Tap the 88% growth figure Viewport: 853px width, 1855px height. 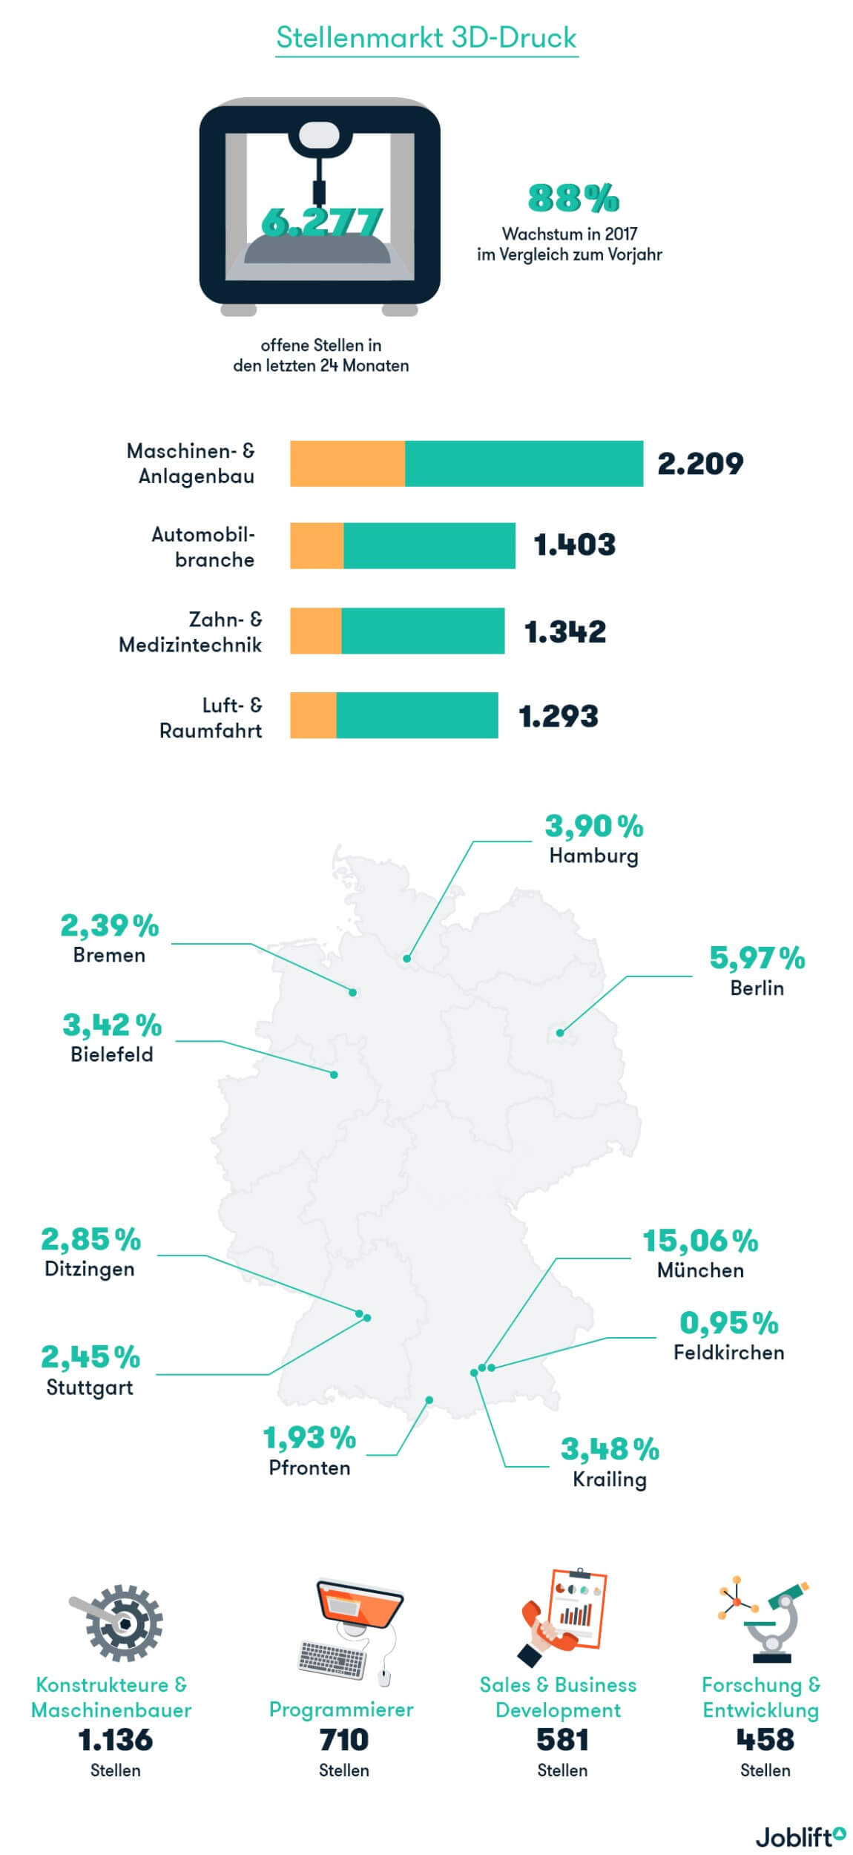click(573, 198)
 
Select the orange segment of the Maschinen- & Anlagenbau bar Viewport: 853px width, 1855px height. click(347, 464)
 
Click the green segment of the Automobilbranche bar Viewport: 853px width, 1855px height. click(429, 545)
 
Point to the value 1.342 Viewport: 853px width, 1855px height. click(565, 631)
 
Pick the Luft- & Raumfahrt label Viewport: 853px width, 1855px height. click(211, 718)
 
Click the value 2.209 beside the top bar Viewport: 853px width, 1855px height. click(700, 464)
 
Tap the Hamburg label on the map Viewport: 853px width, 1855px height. click(593, 856)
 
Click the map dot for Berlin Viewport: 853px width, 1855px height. click(561, 1032)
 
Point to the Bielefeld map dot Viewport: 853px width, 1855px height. click(334, 1074)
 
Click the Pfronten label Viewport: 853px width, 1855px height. click(309, 1468)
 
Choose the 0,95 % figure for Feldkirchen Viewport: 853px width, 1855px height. click(728, 1323)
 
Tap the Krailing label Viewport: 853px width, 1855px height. click(610, 1480)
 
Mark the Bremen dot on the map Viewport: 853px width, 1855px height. click(353, 992)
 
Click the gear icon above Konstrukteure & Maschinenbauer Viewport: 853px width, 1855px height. click(119, 1623)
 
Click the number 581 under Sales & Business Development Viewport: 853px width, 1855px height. click(562, 1740)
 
